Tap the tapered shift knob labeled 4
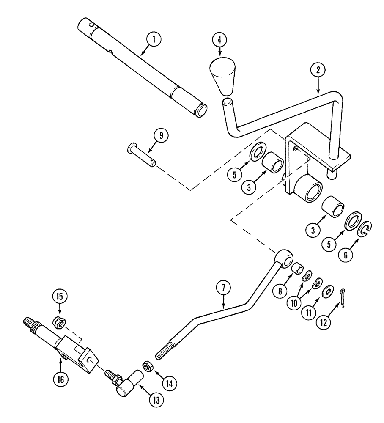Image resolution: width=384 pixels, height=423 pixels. pyautogui.click(x=223, y=77)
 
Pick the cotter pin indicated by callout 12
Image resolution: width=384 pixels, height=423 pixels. pyautogui.click(x=346, y=293)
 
